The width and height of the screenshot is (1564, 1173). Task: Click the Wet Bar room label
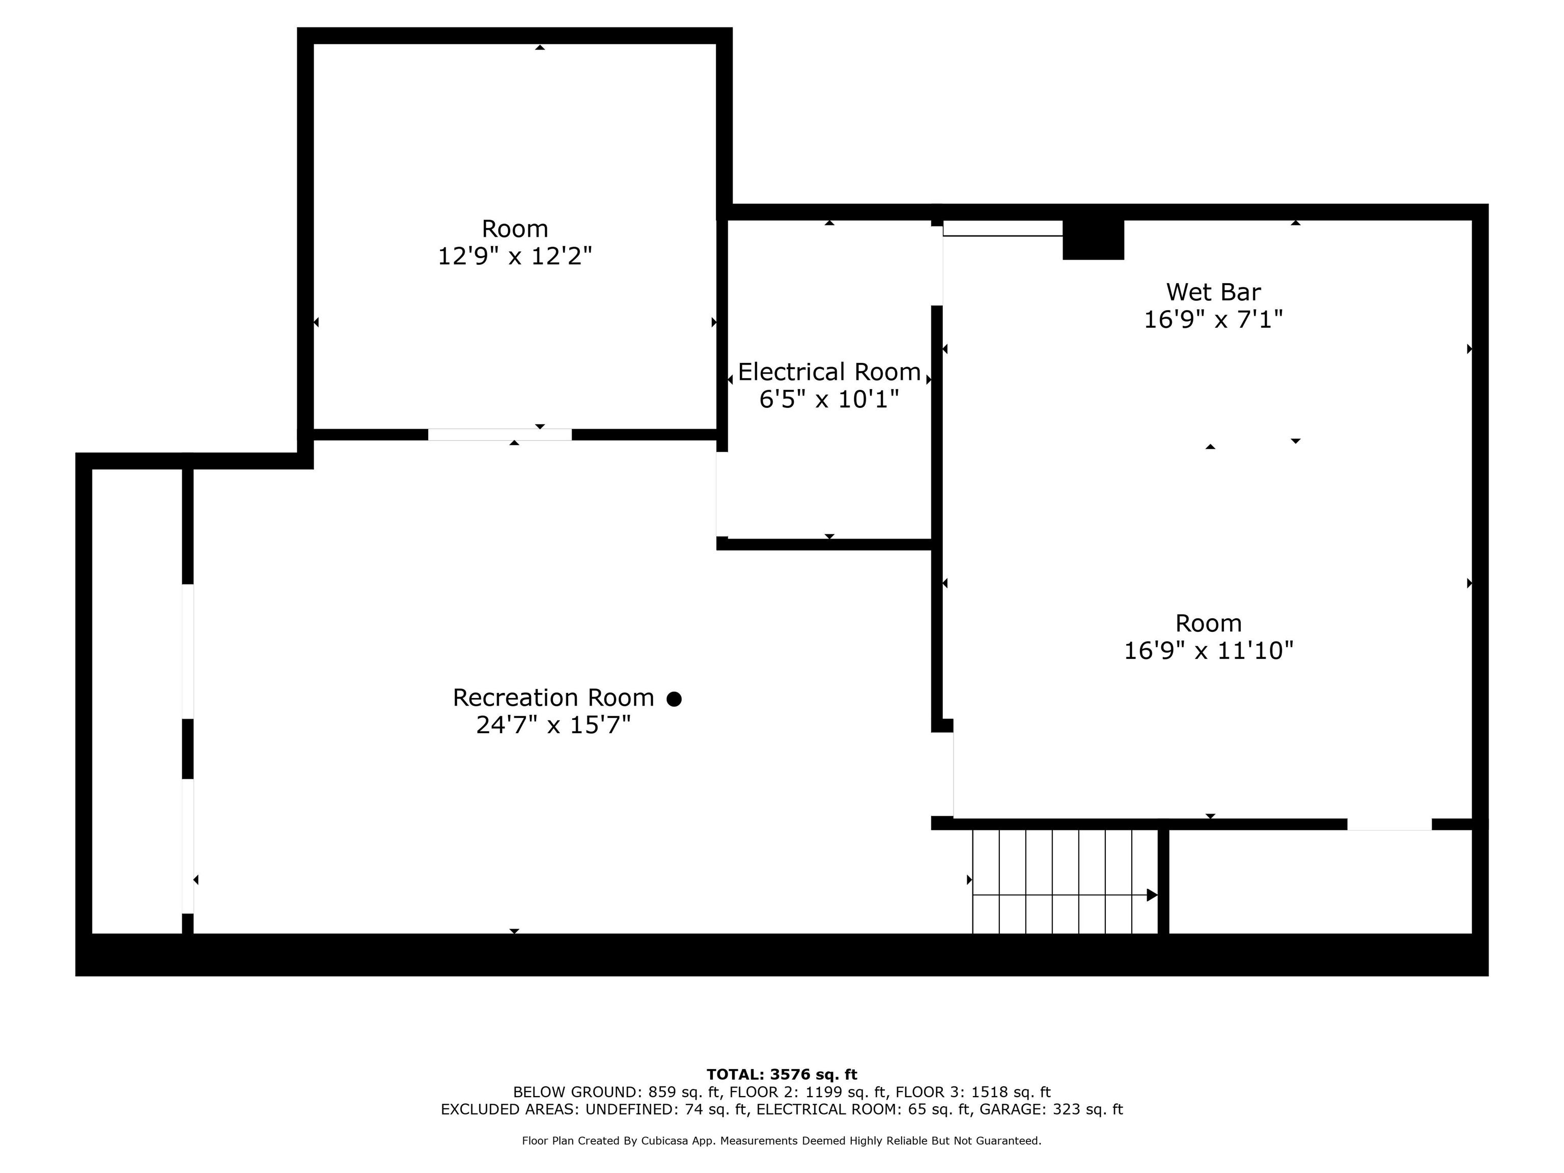point(1213,292)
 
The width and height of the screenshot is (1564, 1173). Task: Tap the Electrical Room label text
point(829,372)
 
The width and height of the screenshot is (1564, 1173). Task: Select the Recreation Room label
point(553,698)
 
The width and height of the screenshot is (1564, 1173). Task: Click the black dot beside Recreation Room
point(675,699)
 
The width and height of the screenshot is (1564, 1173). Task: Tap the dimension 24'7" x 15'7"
point(553,725)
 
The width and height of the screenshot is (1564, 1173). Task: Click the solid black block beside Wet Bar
point(1093,240)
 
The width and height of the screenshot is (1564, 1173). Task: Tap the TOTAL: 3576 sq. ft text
point(782,1075)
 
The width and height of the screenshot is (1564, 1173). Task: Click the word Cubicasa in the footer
point(668,1140)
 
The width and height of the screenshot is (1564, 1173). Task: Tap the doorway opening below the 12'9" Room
point(500,435)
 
